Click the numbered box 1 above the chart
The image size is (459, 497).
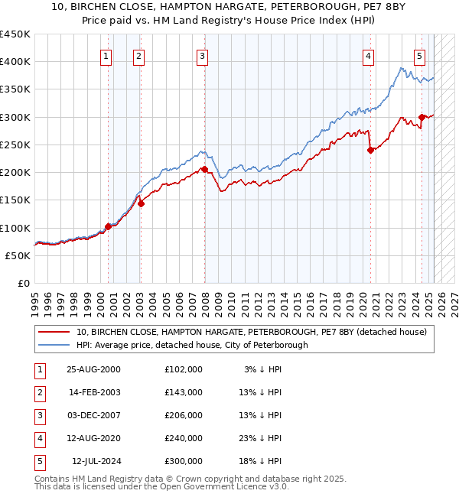click(x=106, y=55)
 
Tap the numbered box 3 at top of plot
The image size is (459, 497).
click(x=202, y=55)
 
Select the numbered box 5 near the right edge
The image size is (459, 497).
click(x=420, y=55)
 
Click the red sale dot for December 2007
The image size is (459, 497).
click(x=204, y=169)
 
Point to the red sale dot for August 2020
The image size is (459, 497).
click(x=370, y=150)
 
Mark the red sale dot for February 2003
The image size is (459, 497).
click(x=141, y=204)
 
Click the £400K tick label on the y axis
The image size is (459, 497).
click(x=15, y=62)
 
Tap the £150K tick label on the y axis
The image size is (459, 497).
click(x=15, y=200)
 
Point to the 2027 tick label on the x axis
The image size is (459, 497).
click(x=451, y=302)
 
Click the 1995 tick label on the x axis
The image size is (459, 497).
click(x=35, y=302)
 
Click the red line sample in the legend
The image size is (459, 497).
click(x=54, y=332)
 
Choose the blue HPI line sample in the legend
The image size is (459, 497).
click(x=54, y=345)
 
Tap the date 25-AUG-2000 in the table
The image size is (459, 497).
click(x=93, y=369)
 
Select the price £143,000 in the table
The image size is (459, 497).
click(x=184, y=392)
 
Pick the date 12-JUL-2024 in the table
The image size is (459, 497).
click(x=96, y=461)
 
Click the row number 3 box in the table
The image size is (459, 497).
click(x=38, y=415)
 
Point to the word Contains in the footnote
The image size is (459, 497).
click(x=53, y=479)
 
